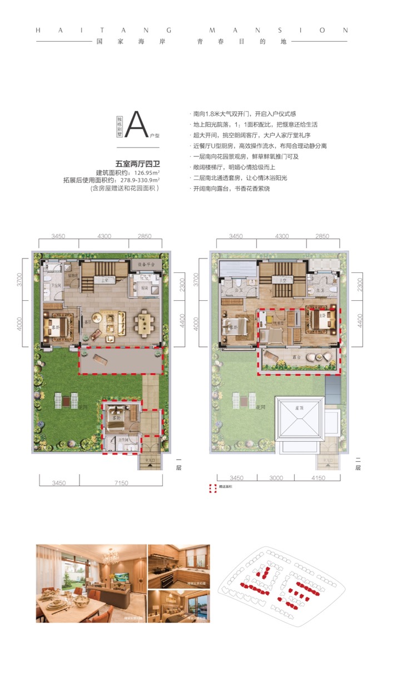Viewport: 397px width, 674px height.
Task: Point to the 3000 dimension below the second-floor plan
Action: click(269, 477)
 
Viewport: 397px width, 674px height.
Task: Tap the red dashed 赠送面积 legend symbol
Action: click(212, 489)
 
